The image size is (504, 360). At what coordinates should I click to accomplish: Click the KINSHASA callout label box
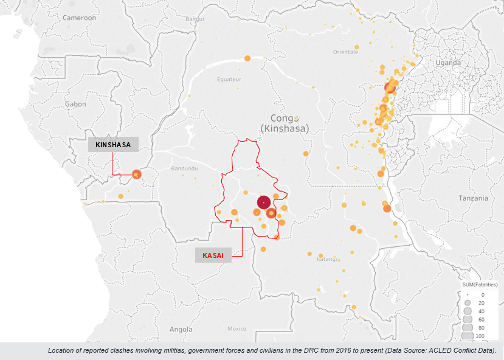pos(113,145)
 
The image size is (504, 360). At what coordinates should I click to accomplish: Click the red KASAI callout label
pos(213,255)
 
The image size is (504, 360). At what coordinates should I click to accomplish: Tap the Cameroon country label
pos(79,18)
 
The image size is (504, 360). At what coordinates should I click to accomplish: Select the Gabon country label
pos(75,104)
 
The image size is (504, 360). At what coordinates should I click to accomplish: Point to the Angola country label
pos(181,330)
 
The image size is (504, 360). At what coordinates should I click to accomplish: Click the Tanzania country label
pos(474,198)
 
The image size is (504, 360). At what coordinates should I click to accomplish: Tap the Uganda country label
pos(449,63)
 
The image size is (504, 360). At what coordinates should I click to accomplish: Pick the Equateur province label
pos(229,80)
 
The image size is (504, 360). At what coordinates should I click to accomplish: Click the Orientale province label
pos(345,52)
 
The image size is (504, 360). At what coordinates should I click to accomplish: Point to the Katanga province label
pos(327,258)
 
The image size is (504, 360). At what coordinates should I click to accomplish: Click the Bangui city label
pos(195,19)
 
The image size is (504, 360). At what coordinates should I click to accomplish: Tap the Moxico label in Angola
pos(236,328)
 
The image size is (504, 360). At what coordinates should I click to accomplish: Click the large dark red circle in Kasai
pos(263,202)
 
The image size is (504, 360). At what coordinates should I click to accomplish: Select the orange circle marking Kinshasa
pos(136,175)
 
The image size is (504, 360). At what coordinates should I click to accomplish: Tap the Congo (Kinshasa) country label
pos(284,123)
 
